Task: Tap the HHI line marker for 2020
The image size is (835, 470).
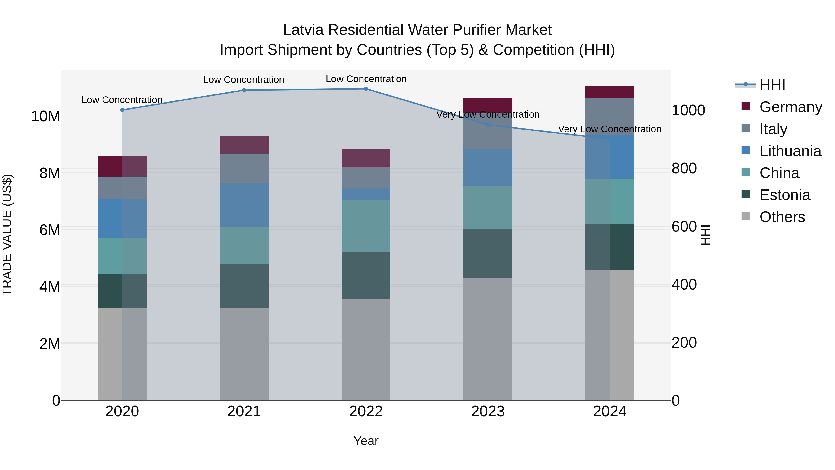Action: point(122,110)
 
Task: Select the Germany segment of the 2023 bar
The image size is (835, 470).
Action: point(488,104)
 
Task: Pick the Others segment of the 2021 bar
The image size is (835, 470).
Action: point(244,353)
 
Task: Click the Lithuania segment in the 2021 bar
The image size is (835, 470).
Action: point(244,205)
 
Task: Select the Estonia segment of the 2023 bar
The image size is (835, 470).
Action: point(488,253)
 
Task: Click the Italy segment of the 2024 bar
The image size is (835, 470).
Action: point(609,116)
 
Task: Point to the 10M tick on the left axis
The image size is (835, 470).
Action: point(45,116)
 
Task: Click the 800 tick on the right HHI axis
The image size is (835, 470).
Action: point(684,168)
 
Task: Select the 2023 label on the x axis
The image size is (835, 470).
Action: point(488,412)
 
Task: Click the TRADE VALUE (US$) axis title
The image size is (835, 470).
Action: point(7,235)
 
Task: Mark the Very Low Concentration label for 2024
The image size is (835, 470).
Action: point(609,129)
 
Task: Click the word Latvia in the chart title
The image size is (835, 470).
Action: point(303,30)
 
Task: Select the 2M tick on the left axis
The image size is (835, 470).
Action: point(50,344)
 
